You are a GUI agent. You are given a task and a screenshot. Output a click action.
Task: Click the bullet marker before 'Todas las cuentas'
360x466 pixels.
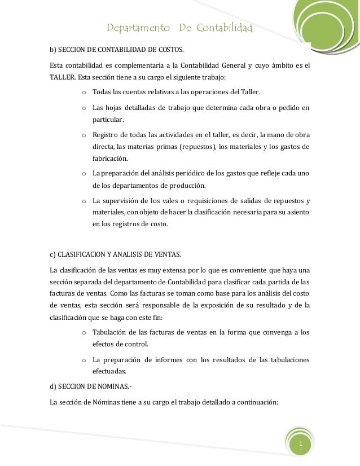click(x=84, y=92)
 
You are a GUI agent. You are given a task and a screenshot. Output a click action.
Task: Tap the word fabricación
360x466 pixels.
click(x=111, y=159)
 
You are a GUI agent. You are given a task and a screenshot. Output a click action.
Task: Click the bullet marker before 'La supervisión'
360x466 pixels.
click(x=84, y=201)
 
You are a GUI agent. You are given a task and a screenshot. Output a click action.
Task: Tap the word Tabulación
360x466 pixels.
click(x=112, y=332)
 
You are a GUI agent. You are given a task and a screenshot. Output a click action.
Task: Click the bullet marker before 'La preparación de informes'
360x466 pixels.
click(x=84, y=359)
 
